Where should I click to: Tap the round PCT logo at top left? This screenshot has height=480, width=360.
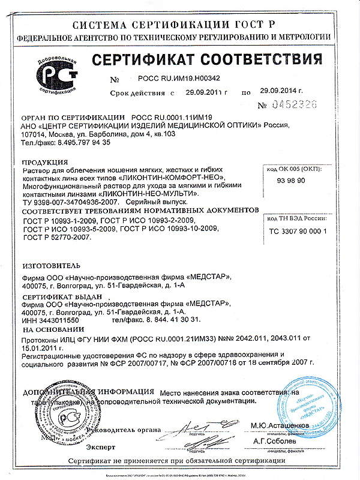[58, 79]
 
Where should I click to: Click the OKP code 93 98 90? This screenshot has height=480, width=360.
[291, 180]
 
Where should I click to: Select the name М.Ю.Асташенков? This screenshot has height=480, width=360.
[279, 425]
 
